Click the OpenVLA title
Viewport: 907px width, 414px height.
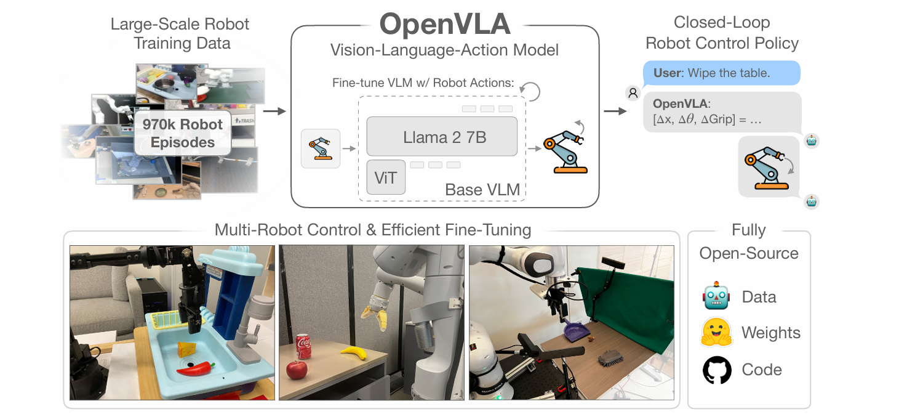click(444, 25)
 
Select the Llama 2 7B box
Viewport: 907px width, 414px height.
click(442, 137)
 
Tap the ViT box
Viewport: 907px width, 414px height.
click(386, 177)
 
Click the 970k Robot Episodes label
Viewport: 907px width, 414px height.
click(182, 133)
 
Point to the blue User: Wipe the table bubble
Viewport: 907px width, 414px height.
click(721, 73)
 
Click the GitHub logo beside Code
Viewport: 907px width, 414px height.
click(717, 370)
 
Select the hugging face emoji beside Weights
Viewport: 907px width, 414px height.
click(716, 333)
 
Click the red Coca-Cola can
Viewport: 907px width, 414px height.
click(304, 348)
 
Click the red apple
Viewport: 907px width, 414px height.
click(297, 371)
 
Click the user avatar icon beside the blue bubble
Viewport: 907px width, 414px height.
click(633, 93)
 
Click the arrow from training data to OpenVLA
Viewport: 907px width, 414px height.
click(274, 112)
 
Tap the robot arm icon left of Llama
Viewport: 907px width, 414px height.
click(320, 148)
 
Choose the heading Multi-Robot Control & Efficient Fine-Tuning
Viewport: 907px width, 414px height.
click(372, 230)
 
